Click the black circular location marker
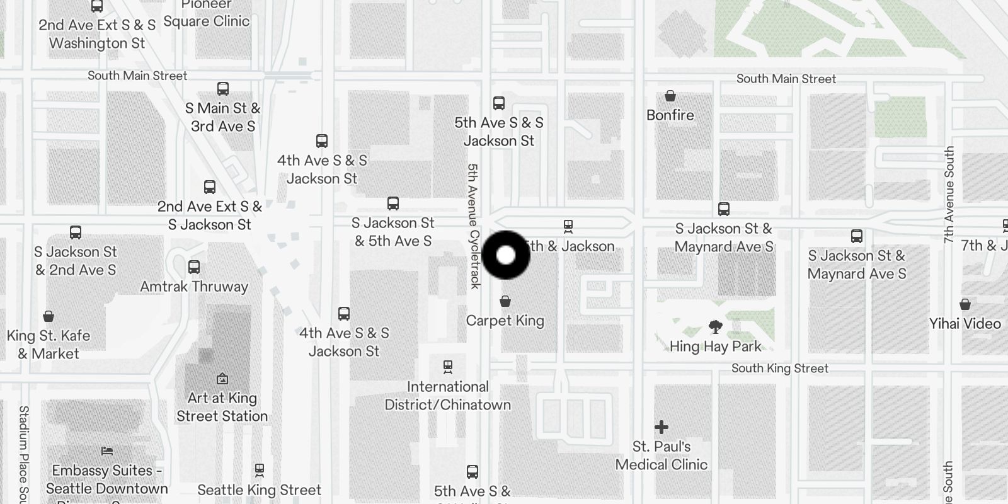point(506,255)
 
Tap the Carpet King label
point(505,321)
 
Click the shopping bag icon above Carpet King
point(505,302)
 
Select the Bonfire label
point(670,115)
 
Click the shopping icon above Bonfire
point(670,96)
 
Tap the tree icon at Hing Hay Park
point(715,326)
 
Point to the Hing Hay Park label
point(715,346)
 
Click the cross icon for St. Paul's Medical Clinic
point(661,427)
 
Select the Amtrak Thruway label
point(194,287)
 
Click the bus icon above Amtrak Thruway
point(194,267)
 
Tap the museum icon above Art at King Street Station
point(222,379)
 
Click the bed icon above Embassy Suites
point(106,451)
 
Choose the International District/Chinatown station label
point(447,396)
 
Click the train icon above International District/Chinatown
point(447,366)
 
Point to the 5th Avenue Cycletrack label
point(474,227)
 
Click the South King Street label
point(779,369)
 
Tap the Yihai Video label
point(965,324)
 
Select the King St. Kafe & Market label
point(49,345)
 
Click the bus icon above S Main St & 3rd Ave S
point(222,88)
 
